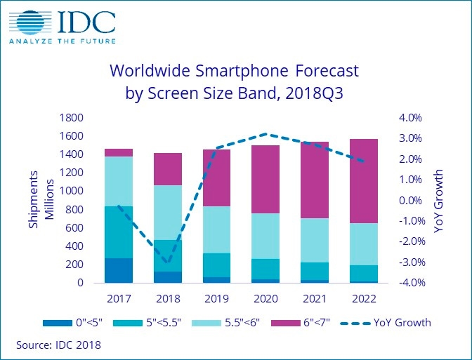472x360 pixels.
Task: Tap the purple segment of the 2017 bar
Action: pyautogui.click(x=119, y=152)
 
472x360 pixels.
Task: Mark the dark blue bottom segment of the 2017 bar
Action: pyautogui.click(x=119, y=270)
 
